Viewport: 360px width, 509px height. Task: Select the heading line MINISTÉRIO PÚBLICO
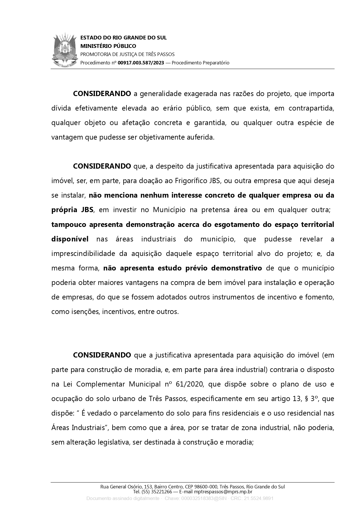pyautogui.click(x=108, y=46)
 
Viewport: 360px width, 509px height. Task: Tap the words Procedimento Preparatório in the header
pyautogui.click(x=200, y=63)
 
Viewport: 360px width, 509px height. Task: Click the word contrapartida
pyautogui.click(x=311, y=108)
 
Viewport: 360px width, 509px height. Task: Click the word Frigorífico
pyautogui.click(x=191, y=181)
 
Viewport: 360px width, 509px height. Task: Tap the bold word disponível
pyautogui.click(x=70, y=239)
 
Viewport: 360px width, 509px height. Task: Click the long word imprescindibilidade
pyautogui.click(x=83, y=253)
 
